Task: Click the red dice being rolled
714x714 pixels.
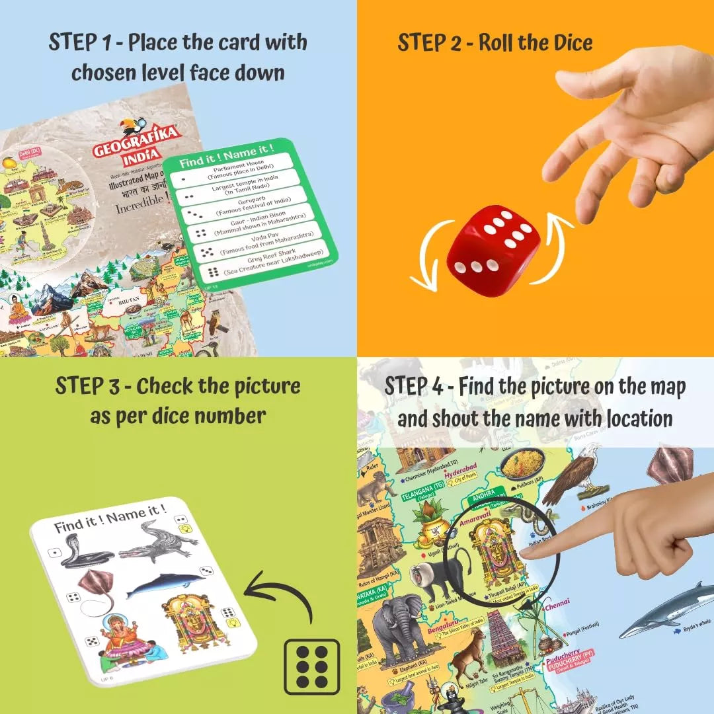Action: pos(493,251)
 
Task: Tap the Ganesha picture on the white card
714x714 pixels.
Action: pos(125,637)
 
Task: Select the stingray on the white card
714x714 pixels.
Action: pos(97,590)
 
